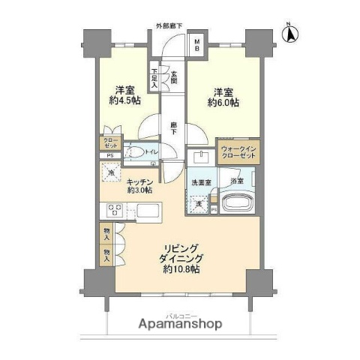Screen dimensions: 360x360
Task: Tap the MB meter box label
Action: (x=196, y=44)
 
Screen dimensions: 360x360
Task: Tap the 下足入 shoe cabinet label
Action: (x=155, y=76)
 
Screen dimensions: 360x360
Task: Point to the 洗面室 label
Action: (x=199, y=182)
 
